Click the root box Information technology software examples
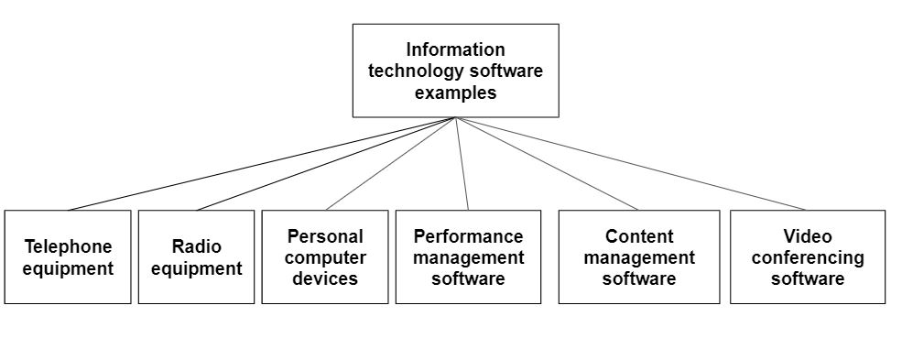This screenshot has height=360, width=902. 455,71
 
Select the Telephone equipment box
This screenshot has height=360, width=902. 68,257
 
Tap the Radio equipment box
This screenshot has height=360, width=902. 196,257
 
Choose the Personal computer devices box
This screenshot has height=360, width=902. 325,257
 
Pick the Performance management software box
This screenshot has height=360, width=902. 468,257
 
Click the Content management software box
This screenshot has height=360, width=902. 638,257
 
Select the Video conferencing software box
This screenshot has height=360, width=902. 807,257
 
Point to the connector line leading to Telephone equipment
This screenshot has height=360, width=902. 262,164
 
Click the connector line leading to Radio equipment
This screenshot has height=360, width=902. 326,164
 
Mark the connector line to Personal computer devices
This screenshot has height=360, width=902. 391,164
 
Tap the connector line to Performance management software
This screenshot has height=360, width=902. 462,164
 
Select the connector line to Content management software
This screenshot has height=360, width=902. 548,164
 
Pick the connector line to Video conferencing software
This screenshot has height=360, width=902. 632,164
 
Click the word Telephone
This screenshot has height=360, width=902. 68,246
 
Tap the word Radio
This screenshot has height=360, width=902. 196,246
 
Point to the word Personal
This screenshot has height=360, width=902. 325,236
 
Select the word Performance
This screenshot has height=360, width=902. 468,236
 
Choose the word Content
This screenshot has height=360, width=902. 638,236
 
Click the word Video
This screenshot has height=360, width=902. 807,236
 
